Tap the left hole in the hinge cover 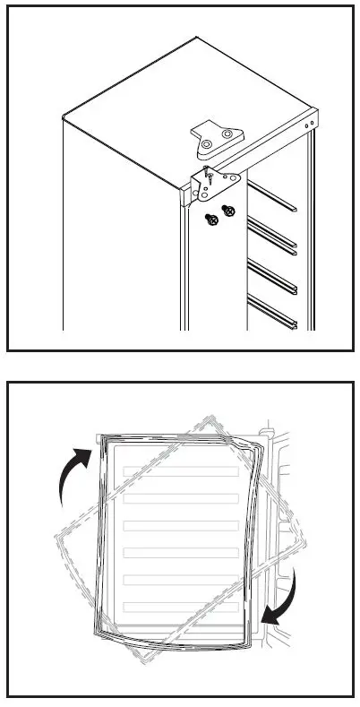click(207, 143)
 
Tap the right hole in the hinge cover click(227, 134)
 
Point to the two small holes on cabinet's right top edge click(310, 125)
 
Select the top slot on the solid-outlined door click(179, 471)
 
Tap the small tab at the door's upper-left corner click(99, 436)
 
